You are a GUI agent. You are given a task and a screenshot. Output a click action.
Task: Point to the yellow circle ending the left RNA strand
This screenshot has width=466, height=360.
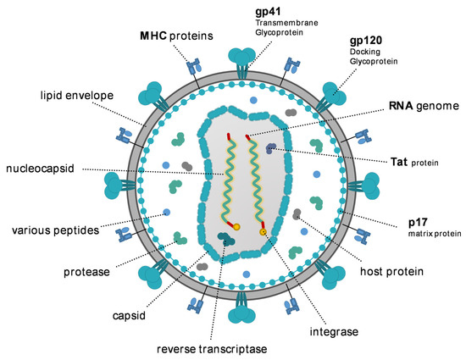236,227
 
